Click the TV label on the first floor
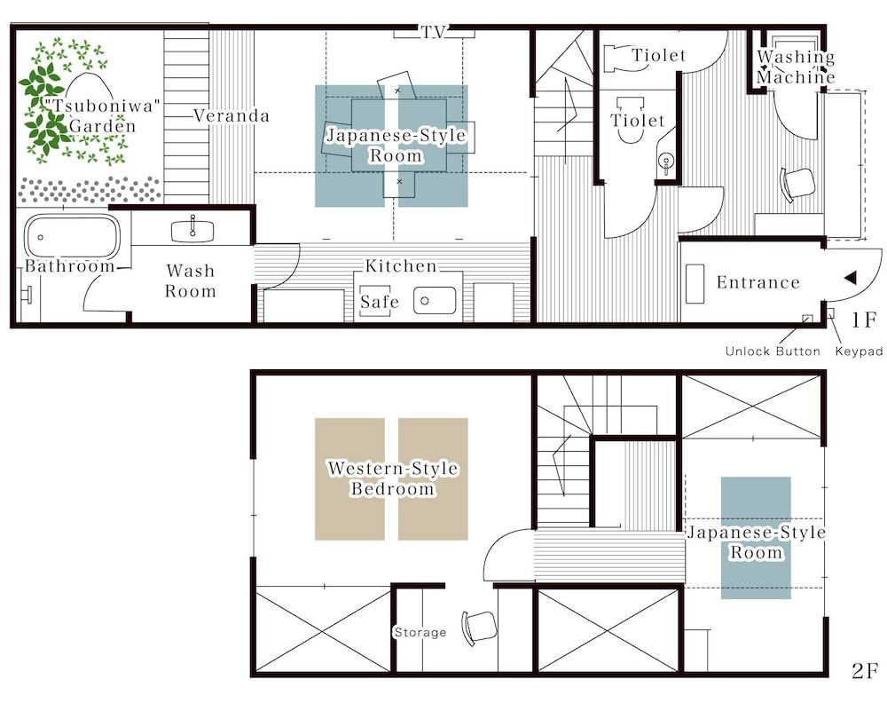click(x=434, y=32)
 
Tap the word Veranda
click(x=231, y=115)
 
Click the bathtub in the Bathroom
click(x=72, y=236)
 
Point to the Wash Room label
click(x=191, y=280)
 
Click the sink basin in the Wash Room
click(x=192, y=229)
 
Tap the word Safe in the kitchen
click(x=380, y=303)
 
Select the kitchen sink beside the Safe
click(x=435, y=301)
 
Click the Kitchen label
click(x=401, y=265)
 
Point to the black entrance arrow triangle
click(x=849, y=278)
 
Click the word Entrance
click(x=757, y=282)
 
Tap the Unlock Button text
click(x=772, y=352)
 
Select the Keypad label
click(x=859, y=352)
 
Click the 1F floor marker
click(x=867, y=319)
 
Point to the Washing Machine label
click(x=796, y=67)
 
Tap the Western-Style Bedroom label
click(x=393, y=478)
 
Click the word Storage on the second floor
click(x=420, y=632)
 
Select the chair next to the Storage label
click(x=475, y=625)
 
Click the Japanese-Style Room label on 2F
click(x=756, y=542)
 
